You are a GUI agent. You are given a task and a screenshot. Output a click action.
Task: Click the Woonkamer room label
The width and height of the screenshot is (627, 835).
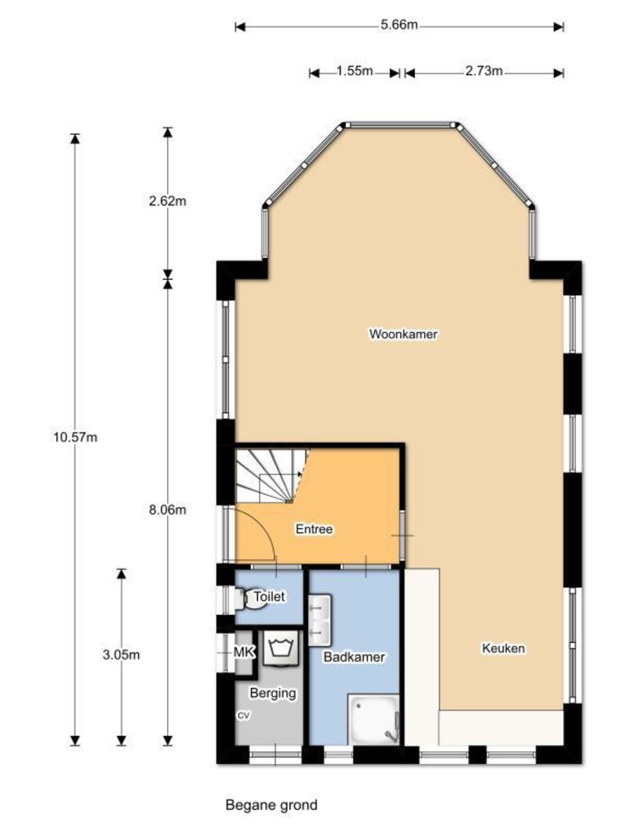(403, 334)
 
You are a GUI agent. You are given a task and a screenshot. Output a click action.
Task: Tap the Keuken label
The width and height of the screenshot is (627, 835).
(503, 648)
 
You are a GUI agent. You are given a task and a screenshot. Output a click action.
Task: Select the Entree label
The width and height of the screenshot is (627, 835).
(314, 529)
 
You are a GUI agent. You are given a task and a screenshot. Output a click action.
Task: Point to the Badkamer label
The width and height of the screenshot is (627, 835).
(354, 657)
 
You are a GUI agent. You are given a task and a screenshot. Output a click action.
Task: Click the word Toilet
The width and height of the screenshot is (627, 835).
(269, 596)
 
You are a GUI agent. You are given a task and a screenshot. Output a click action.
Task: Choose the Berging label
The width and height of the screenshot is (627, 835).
(273, 693)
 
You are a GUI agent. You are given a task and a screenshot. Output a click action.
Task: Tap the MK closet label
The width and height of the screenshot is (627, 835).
(243, 652)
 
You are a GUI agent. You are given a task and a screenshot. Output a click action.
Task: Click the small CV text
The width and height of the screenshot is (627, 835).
(243, 715)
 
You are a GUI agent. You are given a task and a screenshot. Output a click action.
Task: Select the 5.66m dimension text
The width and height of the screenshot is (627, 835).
(399, 25)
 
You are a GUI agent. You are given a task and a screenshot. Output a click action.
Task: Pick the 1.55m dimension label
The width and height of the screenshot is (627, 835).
(354, 71)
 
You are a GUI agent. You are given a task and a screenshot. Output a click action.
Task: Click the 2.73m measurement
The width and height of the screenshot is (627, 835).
(484, 71)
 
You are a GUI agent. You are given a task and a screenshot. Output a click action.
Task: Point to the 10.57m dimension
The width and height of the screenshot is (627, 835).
(75, 437)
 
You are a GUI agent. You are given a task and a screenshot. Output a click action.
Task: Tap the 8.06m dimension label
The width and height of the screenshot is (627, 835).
(168, 510)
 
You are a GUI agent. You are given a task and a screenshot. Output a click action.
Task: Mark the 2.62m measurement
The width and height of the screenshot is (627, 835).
(168, 201)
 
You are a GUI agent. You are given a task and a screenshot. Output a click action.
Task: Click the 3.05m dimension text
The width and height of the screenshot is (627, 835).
(121, 654)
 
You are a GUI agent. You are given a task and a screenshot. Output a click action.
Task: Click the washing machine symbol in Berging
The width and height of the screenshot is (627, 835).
(281, 648)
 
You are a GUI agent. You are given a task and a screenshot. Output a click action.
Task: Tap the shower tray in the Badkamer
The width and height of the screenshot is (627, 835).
(373, 719)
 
